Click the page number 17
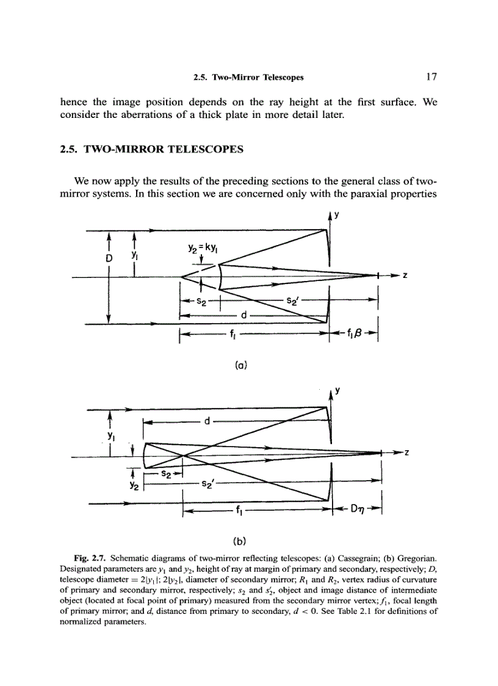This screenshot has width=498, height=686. (431, 77)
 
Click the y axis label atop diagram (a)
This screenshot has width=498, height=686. (335, 214)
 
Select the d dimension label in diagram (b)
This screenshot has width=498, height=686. (208, 421)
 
